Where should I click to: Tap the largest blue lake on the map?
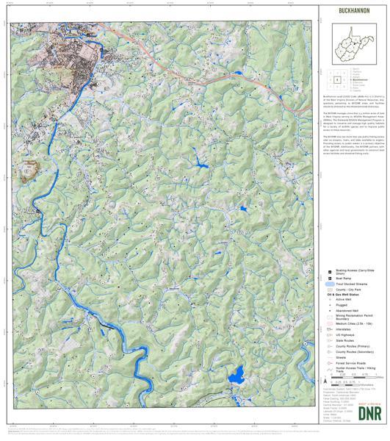click(x=236, y=380)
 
